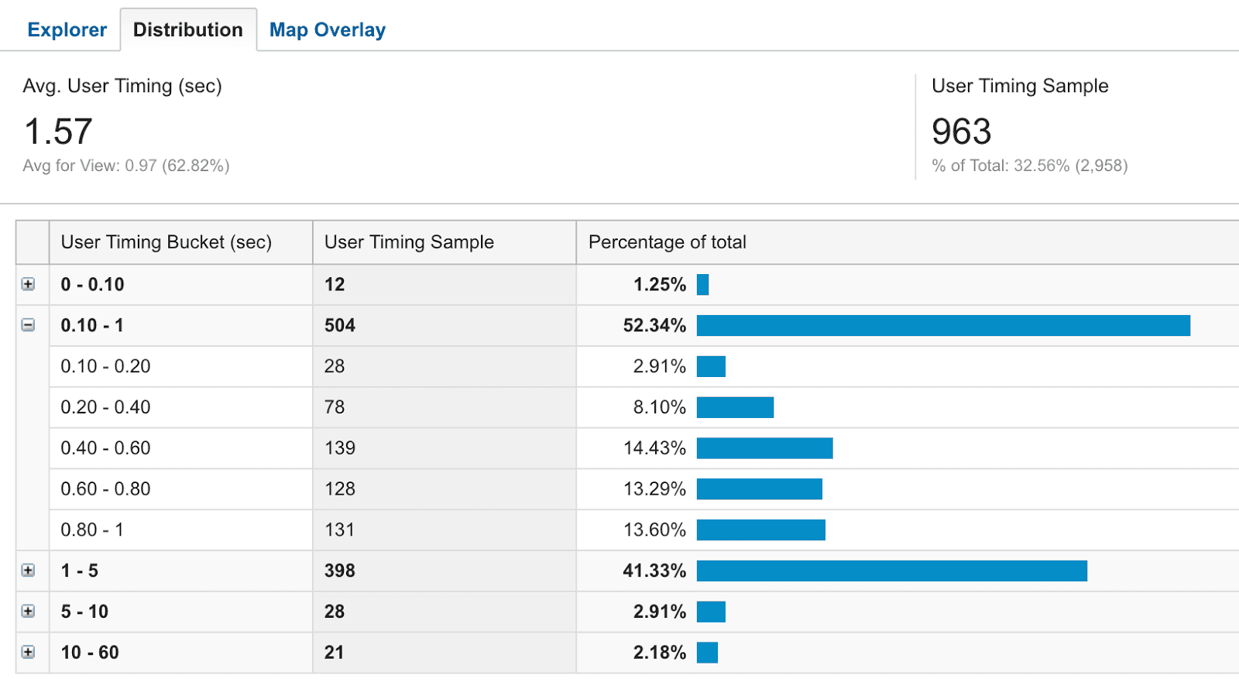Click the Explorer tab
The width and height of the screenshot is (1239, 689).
coord(67,30)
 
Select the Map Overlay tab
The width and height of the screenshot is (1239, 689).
coord(327,30)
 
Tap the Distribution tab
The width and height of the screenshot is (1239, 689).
coord(188,30)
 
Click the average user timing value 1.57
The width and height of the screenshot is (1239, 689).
coord(58,132)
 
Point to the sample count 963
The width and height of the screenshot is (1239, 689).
coord(961,132)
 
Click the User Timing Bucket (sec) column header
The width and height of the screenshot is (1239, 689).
coord(166,242)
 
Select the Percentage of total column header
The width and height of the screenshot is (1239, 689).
coord(667,242)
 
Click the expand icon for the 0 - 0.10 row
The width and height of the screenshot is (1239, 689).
coord(28,284)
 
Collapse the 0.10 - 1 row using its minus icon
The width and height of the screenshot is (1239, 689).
coord(28,325)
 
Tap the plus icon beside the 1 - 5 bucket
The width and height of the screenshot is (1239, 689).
coord(28,571)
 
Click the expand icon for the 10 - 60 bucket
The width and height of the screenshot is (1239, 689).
coord(28,652)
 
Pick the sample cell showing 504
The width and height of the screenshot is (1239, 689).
coord(339,325)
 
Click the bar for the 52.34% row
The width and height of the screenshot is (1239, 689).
coord(942,325)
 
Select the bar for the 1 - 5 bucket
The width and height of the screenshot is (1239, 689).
coord(891,571)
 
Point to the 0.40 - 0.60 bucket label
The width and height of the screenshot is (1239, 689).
coord(105,448)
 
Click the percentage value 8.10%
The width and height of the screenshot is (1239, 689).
coord(659,407)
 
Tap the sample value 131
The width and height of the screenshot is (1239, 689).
coord(339,530)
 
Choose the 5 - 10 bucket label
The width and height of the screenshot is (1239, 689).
coord(84,612)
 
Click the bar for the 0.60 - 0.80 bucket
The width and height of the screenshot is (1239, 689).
coord(759,489)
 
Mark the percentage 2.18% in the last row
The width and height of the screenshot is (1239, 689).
coord(659,653)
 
